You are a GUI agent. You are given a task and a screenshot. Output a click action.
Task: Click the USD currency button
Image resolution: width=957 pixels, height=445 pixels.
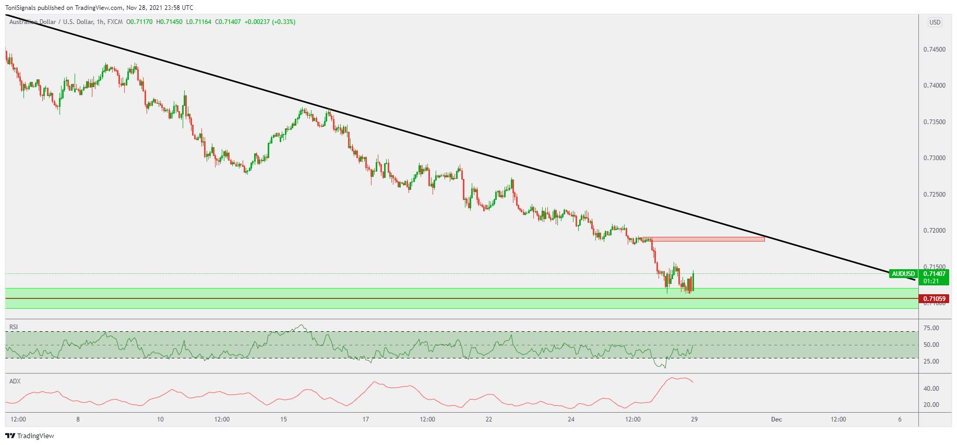click(935, 22)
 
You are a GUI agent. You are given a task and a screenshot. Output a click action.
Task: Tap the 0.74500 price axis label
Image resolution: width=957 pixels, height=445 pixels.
click(934, 50)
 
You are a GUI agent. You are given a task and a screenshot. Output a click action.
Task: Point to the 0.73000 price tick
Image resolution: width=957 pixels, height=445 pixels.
click(934, 158)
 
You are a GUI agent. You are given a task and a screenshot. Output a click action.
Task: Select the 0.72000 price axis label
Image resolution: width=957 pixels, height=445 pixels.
click(934, 231)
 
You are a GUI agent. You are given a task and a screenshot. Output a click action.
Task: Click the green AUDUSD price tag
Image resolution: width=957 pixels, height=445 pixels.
click(903, 274)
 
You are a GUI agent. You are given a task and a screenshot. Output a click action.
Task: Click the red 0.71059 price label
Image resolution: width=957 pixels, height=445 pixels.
click(934, 299)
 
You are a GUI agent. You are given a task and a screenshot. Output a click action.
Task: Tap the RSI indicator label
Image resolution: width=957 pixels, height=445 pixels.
click(14, 327)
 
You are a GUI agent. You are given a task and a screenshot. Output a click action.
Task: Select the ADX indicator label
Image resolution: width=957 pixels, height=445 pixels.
click(15, 381)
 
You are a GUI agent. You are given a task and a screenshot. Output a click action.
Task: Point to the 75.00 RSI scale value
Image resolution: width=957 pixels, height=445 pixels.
click(931, 328)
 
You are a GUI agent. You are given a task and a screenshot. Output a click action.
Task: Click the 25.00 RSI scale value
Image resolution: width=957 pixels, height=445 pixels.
click(931, 362)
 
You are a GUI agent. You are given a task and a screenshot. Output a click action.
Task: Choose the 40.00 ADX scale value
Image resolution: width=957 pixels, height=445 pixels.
click(931, 389)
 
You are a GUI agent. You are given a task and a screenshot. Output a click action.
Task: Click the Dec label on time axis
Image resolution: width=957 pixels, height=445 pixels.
click(776, 419)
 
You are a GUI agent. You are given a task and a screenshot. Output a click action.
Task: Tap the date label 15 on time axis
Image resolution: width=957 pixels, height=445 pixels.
click(283, 419)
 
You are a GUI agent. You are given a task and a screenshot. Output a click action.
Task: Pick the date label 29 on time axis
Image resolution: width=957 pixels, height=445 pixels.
click(694, 419)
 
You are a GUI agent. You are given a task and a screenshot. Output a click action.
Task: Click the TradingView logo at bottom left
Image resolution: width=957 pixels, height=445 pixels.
click(30, 436)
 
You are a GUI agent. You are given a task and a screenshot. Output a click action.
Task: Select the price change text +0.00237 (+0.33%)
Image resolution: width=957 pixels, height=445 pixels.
click(270, 22)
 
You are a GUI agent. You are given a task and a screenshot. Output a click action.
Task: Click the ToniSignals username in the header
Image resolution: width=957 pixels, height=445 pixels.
click(20, 8)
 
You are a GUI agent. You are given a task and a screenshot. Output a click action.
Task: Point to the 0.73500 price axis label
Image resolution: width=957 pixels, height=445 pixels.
click(934, 122)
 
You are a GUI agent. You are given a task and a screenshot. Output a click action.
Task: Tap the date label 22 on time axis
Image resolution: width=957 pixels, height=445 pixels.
click(488, 419)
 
